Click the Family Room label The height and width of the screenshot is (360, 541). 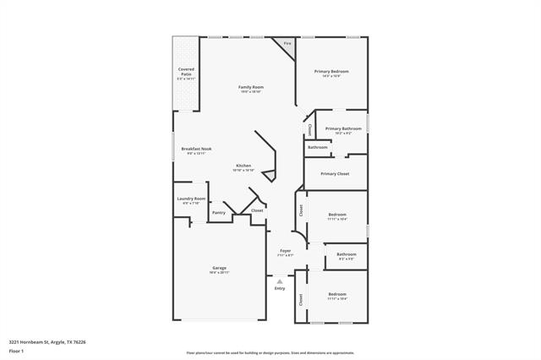pos(250,87)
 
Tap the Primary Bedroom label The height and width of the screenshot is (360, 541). pos(331,71)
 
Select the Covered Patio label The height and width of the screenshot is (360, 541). pos(186,71)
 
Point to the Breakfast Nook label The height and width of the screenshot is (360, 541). pos(196,149)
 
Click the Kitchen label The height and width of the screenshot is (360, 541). pos(243,165)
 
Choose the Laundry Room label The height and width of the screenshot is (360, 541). pos(191,199)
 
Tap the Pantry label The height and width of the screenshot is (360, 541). pos(219,212)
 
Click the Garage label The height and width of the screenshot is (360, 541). pos(219,268)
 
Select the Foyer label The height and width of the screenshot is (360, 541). pos(286,250)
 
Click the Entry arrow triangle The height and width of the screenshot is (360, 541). pos(280,281)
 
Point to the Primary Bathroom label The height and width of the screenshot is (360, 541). pos(337,128)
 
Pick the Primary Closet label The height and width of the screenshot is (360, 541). pos(335,173)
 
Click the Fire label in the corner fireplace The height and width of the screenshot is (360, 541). pos(287,43)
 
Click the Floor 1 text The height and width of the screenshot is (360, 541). pos(15,350)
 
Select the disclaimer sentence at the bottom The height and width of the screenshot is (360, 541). pos(270,352)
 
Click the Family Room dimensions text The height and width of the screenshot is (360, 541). pos(250,92)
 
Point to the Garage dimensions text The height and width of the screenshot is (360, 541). pos(219,273)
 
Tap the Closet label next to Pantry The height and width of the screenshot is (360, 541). pos(257,210)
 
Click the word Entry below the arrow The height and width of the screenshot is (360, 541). pos(280,288)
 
